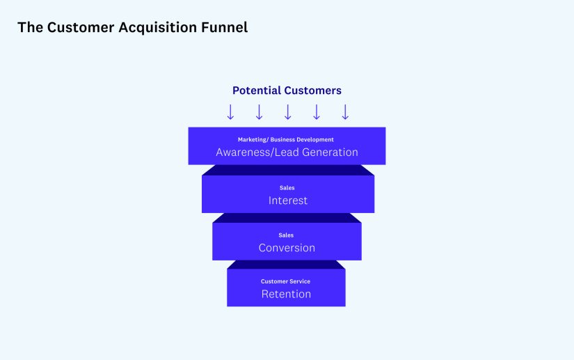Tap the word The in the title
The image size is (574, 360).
(x=29, y=28)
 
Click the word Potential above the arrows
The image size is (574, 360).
(x=257, y=91)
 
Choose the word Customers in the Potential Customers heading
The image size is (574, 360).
(x=313, y=91)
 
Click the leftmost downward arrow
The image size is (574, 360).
(x=230, y=112)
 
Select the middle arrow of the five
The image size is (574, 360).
(x=287, y=112)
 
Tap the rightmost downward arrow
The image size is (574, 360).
(x=345, y=112)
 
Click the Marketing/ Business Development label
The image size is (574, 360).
(x=286, y=140)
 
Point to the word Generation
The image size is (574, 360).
(x=326, y=152)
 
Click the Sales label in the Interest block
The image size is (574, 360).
(x=287, y=188)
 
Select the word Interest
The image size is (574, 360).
(x=288, y=201)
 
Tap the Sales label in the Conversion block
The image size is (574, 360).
(x=286, y=235)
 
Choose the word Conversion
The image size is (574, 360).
(x=287, y=248)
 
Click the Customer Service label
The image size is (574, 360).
(x=286, y=281)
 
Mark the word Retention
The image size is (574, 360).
(x=286, y=294)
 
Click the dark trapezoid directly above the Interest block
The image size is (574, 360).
(x=287, y=170)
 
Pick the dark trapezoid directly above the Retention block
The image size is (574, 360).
(x=286, y=265)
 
